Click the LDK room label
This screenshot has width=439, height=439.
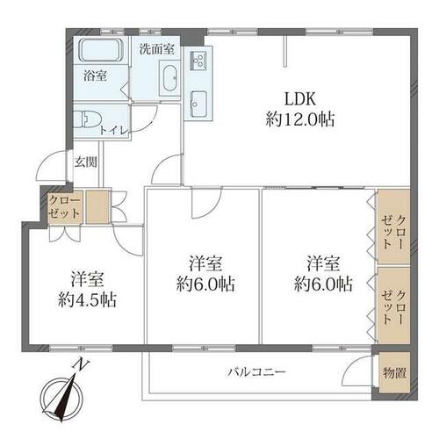pyautogui.click(x=300, y=99)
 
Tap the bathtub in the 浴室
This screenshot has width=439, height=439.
pyautogui.click(x=100, y=50)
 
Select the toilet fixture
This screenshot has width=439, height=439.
pyautogui.click(x=87, y=119)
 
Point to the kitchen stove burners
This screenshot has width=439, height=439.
pyautogui.click(x=198, y=61)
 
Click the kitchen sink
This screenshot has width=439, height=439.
pyautogui.click(x=198, y=104)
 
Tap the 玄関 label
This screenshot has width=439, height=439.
pyautogui.click(x=85, y=162)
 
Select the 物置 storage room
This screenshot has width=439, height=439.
pyautogui.click(x=394, y=372)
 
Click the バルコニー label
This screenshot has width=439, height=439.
pyautogui.click(x=256, y=372)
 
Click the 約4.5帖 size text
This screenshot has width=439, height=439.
pyautogui.click(x=87, y=299)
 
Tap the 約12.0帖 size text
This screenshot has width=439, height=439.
pyautogui.click(x=300, y=119)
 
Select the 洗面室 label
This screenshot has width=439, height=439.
pyautogui.click(x=157, y=49)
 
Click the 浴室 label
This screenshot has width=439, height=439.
pyautogui.click(x=95, y=76)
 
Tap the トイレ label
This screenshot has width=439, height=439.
pyautogui.click(x=114, y=131)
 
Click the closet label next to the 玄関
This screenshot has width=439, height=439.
pyautogui.click(x=64, y=207)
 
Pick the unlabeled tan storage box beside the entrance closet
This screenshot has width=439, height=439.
pyautogui.click(x=97, y=207)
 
